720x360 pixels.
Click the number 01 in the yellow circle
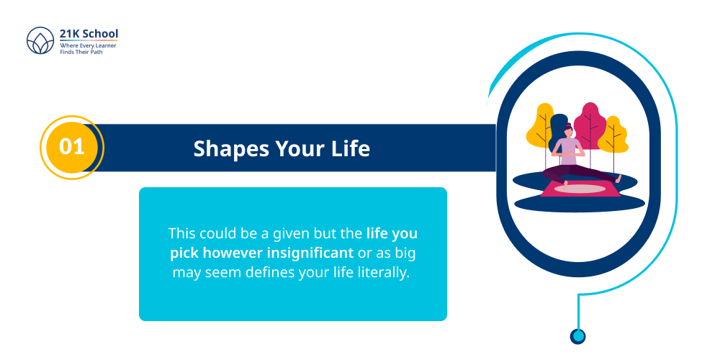(x=72, y=148)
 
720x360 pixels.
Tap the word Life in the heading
(x=351, y=148)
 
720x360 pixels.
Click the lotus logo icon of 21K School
(x=40, y=42)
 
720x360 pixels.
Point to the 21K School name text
(x=89, y=34)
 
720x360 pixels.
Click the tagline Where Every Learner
(x=88, y=45)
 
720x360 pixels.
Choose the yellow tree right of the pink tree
(x=613, y=135)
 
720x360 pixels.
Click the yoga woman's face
(x=569, y=133)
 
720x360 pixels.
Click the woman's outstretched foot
(x=618, y=178)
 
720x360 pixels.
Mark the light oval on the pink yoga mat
(x=580, y=189)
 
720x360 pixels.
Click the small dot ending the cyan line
(x=577, y=336)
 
